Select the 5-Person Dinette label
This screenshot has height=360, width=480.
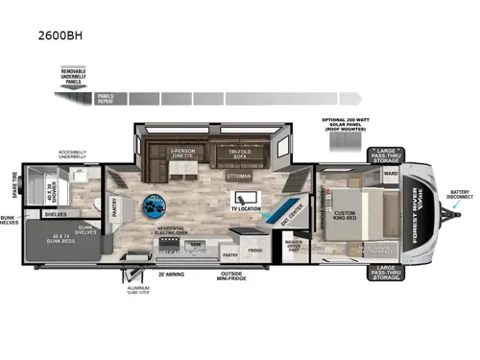pos(182,154)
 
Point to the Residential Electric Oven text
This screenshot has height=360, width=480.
pos(175,233)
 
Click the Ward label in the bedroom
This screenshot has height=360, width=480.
pos(390,175)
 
